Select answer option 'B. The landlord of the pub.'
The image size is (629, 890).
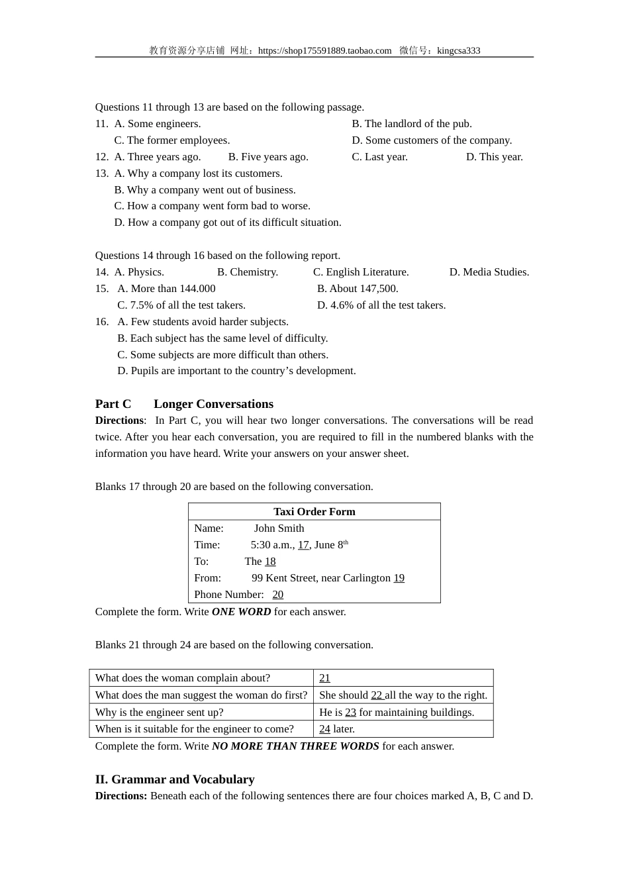point(411,124)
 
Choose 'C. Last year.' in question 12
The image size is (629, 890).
point(379,157)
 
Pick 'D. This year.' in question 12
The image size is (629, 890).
point(494,157)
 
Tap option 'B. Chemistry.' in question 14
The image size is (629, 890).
point(248,272)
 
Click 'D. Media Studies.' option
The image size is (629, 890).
point(489,272)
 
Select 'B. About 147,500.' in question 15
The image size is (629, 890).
point(358,289)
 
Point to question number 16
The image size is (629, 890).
point(101,322)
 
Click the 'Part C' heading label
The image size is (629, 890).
point(113,404)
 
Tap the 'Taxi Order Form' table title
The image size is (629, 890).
point(314,512)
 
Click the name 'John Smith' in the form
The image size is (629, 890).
point(279,528)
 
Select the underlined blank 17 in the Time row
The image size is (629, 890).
point(303,545)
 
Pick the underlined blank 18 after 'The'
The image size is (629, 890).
point(270,562)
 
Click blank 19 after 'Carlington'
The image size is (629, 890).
point(399,578)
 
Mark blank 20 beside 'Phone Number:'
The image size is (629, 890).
point(277,595)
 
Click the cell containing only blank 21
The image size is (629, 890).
point(403,678)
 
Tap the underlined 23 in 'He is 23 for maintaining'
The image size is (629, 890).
point(350,713)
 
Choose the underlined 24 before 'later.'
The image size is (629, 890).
point(324,729)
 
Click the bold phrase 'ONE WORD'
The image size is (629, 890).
point(241,612)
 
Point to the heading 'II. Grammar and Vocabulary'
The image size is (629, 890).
point(175,779)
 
